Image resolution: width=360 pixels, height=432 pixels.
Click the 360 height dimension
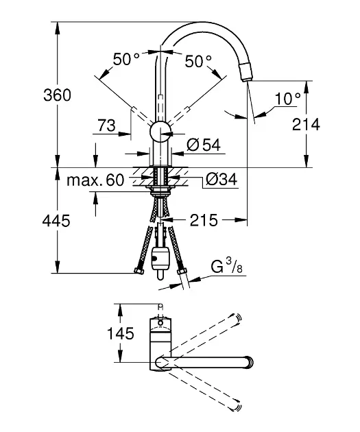pos(58,95)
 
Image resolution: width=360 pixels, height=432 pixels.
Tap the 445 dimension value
pos(56,221)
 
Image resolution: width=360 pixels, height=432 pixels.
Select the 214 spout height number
pos(306,125)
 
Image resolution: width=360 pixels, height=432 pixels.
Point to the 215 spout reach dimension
pos(204,220)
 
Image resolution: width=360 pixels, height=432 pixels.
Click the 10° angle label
pos(288,98)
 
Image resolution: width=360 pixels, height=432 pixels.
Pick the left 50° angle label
pos(126,59)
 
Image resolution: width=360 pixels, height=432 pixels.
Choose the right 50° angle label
pos(198,61)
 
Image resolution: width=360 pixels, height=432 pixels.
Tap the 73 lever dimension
pos(106,125)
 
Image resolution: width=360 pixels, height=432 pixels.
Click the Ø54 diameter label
pos(204,145)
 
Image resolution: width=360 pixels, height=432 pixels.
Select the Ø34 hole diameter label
pos(221,180)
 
